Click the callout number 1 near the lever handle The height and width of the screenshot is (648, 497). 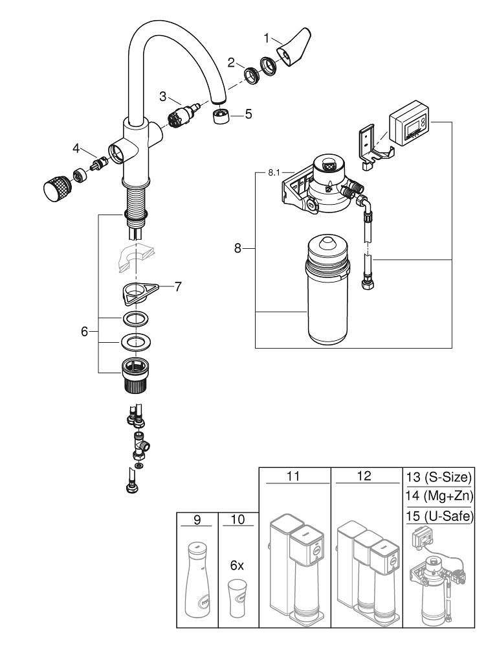[266, 38]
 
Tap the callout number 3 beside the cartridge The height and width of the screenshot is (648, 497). [164, 96]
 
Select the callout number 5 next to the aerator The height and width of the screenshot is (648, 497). [248, 115]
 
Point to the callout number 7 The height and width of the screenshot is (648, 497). [177, 286]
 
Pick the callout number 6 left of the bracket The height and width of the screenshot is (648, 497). [84, 331]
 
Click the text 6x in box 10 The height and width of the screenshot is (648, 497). [237, 564]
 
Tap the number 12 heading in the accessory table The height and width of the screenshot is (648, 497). [364, 476]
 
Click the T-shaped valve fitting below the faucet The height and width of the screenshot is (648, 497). [140, 444]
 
